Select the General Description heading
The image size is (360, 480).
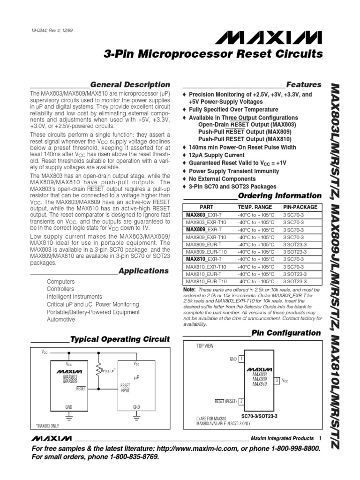[x=130, y=85]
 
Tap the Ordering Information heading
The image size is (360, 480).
[x=280, y=195]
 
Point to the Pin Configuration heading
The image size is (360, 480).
[x=286, y=333]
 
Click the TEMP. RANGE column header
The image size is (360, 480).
[x=255, y=207]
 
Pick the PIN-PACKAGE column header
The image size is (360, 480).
[x=300, y=207]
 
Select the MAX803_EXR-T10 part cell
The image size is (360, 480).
[x=206, y=222]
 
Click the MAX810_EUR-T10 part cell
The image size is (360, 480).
[x=206, y=281]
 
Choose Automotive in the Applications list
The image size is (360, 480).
[x=61, y=319]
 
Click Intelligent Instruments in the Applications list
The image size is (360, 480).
[x=74, y=297]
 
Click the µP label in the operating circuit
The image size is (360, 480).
[x=137, y=376]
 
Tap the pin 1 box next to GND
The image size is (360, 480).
[x=241, y=359]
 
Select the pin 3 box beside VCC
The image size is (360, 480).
[x=277, y=380]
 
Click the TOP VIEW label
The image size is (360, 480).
[x=204, y=345]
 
